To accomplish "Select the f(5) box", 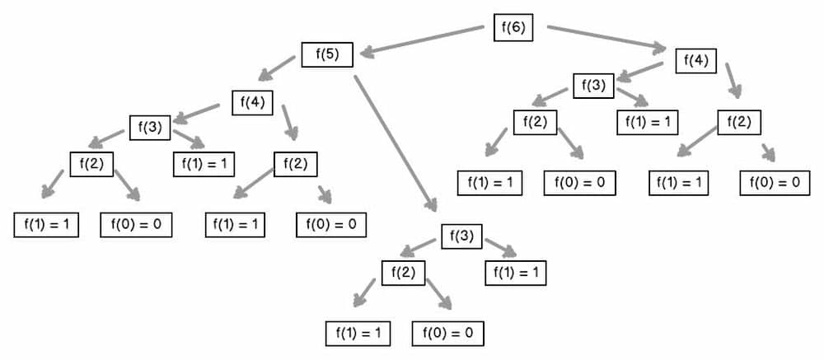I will coord(327,55).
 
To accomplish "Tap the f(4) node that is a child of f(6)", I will coord(695,60).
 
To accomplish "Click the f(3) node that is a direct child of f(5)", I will coord(461,236).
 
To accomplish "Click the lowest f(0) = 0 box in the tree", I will coord(448,333).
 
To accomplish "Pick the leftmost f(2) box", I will coord(91,163).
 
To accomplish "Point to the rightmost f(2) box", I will coord(739,122).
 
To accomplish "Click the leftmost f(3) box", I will coord(149,128).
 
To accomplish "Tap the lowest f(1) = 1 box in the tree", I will coord(358,333).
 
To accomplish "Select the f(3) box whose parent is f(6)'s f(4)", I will coord(594,85).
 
